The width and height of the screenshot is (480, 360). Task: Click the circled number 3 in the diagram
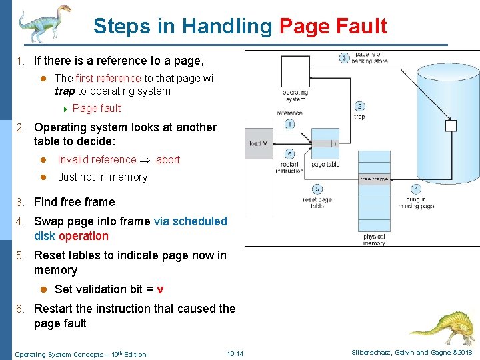click(345, 58)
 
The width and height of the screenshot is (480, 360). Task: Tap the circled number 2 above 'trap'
click(359, 106)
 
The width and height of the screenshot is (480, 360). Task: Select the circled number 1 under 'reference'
click(289, 124)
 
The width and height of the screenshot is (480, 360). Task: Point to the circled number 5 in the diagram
click(318, 189)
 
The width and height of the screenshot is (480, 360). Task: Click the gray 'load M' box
click(258, 143)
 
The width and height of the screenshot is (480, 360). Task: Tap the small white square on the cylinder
click(451, 125)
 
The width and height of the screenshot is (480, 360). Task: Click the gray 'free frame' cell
click(374, 179)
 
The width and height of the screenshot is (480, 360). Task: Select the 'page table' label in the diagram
click(325, 165)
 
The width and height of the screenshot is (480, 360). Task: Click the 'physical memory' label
click(374, 240)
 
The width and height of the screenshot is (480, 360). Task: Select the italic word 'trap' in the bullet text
click(65, 91)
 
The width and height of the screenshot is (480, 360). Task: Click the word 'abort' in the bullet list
click(168, 159)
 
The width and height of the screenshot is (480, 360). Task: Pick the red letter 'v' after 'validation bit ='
click(160, 289)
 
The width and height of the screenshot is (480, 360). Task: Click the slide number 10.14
click(235, 353)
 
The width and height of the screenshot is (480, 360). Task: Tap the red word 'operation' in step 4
click(83, 236)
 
